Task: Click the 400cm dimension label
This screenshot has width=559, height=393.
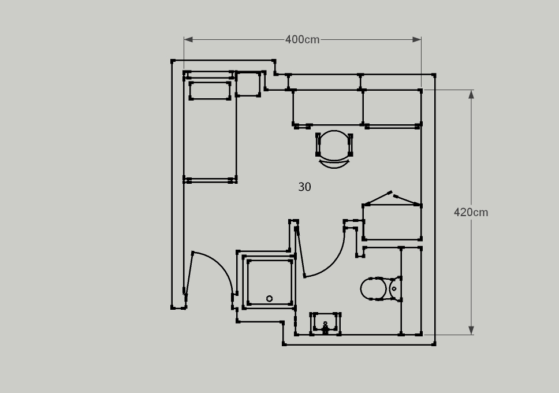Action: (303, 40)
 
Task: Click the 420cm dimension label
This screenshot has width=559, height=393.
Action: (471, 212)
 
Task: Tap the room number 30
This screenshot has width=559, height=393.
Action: (304, 187)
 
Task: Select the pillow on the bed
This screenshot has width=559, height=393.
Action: (210, 91)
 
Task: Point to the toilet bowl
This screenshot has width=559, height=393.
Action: (373, 289)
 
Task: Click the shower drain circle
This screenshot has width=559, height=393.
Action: (270, 298)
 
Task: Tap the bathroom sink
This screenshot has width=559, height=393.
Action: (325, 324)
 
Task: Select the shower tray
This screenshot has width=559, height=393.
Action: (270, 282)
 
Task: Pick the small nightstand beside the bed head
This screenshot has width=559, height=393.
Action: (248, 84)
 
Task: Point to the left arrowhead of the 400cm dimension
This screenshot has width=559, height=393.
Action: (188, 40)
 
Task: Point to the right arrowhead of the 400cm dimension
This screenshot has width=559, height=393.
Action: (417, 40)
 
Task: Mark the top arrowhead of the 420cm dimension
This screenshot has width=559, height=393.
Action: (471, 94)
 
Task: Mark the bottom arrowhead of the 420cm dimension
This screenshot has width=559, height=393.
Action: (471, 330)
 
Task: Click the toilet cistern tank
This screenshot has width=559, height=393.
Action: (396, 288)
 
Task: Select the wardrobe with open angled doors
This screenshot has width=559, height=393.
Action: (392, 216)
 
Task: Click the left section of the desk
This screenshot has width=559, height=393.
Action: (327, 107)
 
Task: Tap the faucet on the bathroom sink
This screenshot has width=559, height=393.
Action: (325, 328)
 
